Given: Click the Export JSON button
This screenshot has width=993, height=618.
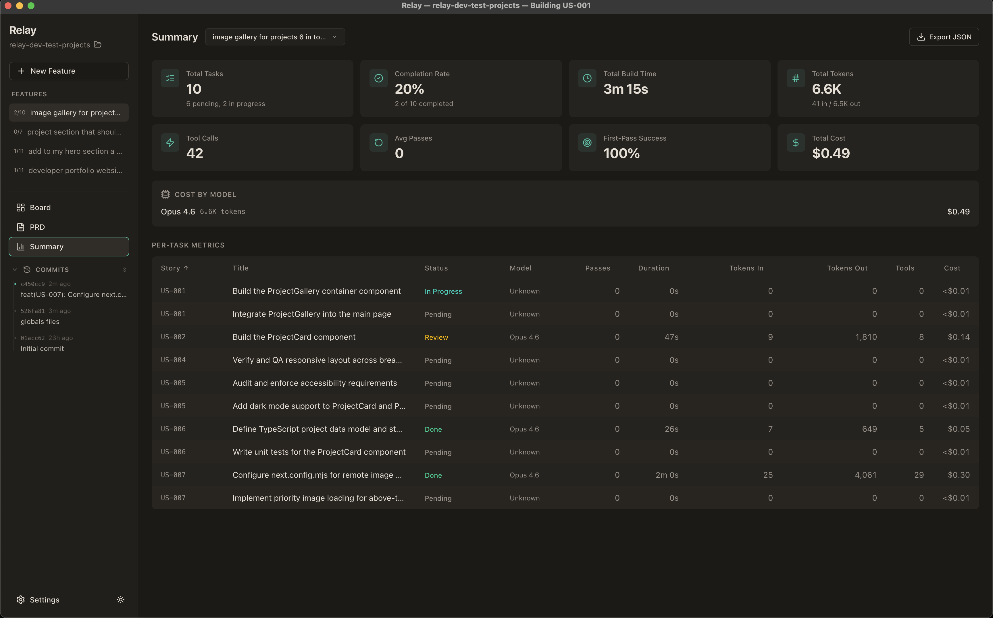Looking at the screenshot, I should (x=944, y=37).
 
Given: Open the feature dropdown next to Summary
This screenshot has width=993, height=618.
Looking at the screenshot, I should (x=275, y=37).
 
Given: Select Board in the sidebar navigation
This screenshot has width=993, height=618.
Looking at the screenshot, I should (x=40, y=208).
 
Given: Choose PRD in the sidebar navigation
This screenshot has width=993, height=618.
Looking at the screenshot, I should (x=37, y=227).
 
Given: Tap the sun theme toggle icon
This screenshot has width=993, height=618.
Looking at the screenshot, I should (x=120, y=600).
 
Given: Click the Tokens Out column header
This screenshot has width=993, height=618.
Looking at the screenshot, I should (x=847, y=268).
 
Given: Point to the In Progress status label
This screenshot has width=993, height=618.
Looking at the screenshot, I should (x=443, y=291).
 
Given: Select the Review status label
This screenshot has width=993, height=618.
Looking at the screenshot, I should (x=436, y=337).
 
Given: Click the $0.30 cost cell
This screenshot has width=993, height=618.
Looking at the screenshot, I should (x=958, y=475).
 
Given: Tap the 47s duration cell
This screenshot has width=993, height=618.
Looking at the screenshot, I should (x=671, y=337).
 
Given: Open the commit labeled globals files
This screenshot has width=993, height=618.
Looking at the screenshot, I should (x=40, y=322).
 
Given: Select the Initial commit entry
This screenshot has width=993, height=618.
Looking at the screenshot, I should (x=42, y=349).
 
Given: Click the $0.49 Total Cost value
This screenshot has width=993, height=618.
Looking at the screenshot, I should (x=830, y=153).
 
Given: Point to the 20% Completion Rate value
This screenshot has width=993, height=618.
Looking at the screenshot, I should (x=409, y=89).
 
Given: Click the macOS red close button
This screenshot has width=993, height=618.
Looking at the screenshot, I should (x=8, y=6).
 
